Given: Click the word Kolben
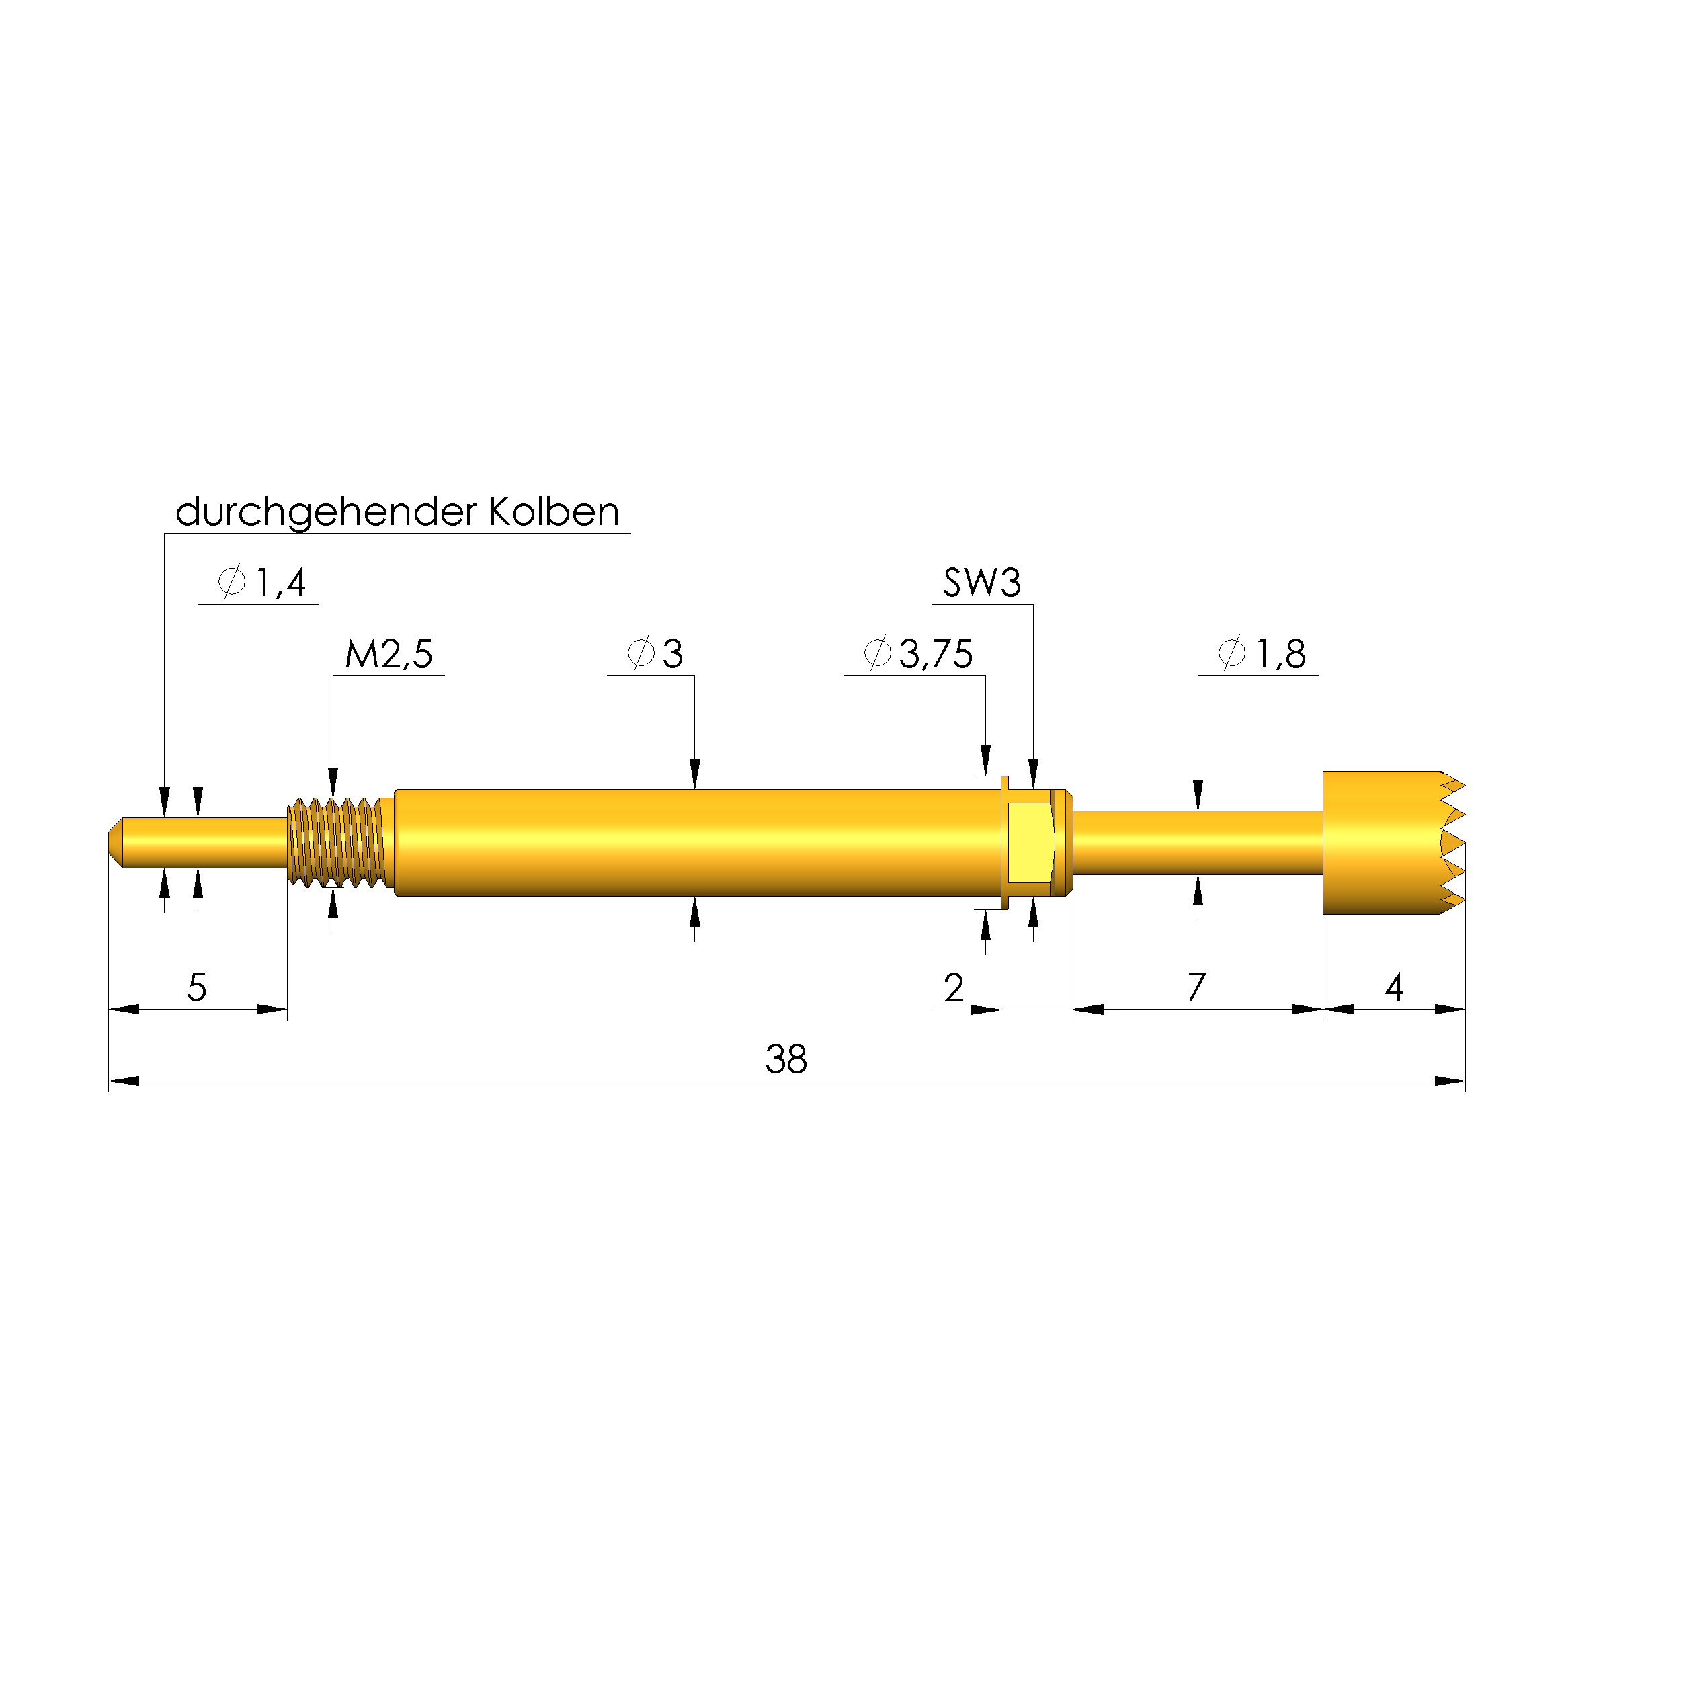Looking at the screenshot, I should [553, 512].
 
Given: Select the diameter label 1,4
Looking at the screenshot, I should [280, 583].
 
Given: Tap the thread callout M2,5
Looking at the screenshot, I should [388, 654].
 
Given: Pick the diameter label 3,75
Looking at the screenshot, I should [935, 654].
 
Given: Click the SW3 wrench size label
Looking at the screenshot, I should [982, 583].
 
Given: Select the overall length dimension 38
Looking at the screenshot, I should [786, 1060].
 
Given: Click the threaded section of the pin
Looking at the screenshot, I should [338, 842].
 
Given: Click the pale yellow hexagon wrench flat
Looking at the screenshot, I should [1030, 842].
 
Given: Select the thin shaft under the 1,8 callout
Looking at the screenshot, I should [1198, 842].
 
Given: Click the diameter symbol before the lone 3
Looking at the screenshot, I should [641, 653].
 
